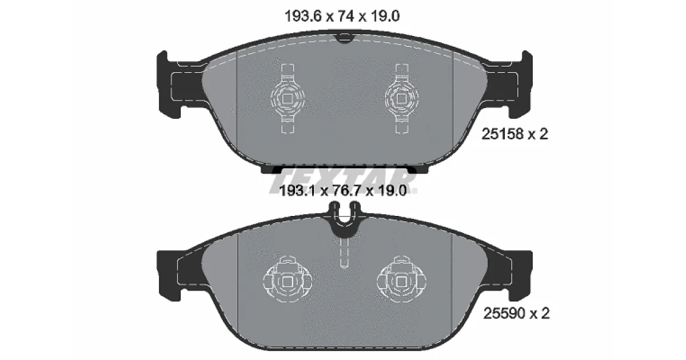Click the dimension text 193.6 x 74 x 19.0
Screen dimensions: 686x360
pyautogui.click(x=342, y=16)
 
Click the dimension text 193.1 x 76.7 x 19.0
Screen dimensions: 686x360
pyautogui.click(x=344, y=191)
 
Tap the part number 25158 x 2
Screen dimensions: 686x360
pyautogui.click(x=515, y=134)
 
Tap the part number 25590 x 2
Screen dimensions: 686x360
pyautogui.click(x=517, y=313)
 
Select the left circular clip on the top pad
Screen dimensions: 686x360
pyautogui.click(x=288, y=98)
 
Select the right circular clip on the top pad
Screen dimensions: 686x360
pyautogui.click(x=401, y=98)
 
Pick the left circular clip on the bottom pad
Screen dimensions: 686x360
pyautogui.click(x=287, y=279)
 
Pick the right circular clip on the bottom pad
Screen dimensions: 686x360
pyautogui.click(x=401, y=279)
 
